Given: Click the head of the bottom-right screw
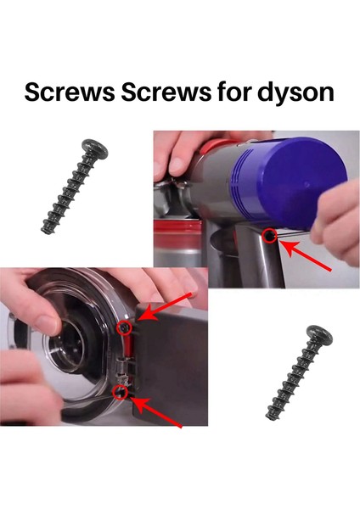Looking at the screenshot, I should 318,333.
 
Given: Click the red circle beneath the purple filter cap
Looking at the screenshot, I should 270,235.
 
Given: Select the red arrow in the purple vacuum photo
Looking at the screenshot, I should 307,257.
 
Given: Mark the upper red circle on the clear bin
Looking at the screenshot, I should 124,326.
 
